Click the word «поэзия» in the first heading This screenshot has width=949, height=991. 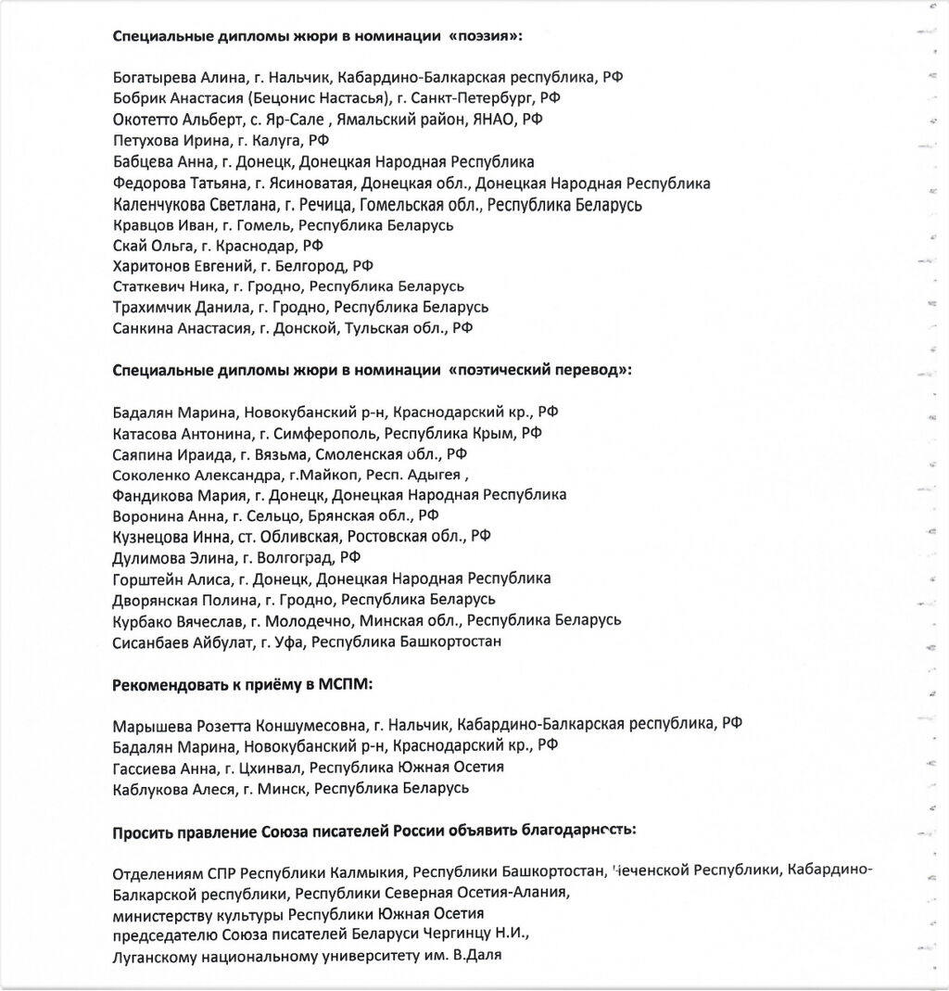tap(488, 36)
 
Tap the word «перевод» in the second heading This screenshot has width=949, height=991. tap(592, 370)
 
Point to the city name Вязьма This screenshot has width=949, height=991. tap(282, 454)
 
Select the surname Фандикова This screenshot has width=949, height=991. tap(148, 495)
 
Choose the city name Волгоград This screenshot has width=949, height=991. tap(298, 558)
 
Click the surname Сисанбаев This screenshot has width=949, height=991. tap(148, 642)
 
